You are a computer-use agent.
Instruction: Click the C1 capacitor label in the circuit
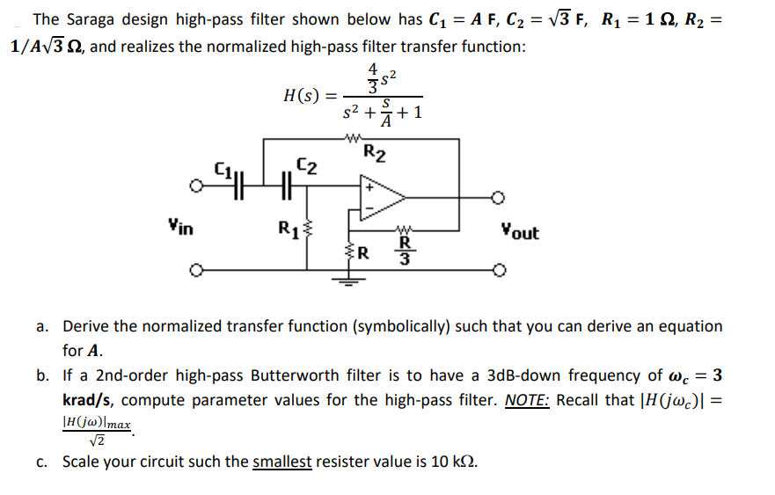pyautogui.click(x=225, y=168)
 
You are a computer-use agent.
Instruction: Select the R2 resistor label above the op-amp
pyautogui.click(x=374, y=154)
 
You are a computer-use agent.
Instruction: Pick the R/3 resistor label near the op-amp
pyautogui.click(x=405, y=250)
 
